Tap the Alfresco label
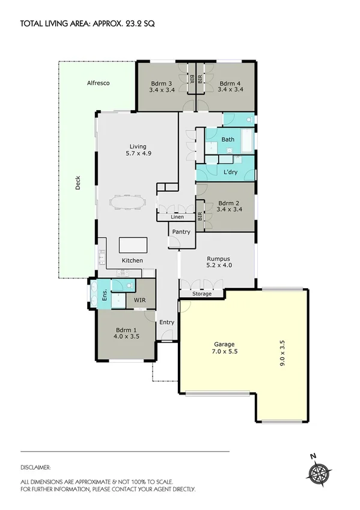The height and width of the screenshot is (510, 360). click(x=97, y=83)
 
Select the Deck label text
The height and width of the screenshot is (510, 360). click(x=78, y=186)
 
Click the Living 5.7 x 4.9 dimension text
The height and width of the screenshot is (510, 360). click(x=138, y=153)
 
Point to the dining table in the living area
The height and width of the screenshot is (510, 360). click(x=127, y=201)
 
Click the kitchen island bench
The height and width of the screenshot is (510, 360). click(x=133, y=245)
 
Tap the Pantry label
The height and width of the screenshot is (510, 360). click(x=181, y=232)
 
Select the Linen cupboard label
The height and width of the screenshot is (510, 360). click(x=177, y=217)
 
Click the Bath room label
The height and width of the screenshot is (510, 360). click(x=228, y=140)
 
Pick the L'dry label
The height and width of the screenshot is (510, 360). click(x=231, y=173)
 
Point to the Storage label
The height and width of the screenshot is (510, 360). click(x=202, y=294)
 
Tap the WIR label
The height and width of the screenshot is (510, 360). click(x=139, y=299)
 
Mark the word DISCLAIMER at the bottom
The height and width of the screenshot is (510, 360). click(x=35, y=467)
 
